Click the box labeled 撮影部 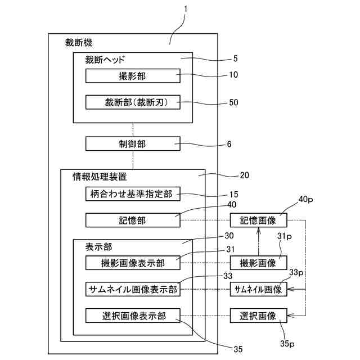tap(133, 76)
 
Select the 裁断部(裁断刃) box tap(133, 102)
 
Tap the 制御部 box tap(133, 144)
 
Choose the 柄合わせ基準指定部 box tap(133, 194)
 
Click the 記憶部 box tap(133, 220)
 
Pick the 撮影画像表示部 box tap(133, 263)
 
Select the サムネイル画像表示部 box tap(133, 289)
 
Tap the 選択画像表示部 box tap(133, 316)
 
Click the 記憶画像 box tap(259, 220)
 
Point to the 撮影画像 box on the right tap(259, 263)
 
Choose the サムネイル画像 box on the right tap(259, 289)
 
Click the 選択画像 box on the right tap(259, 316)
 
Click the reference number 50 tap(233, 102)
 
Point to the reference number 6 tap(229, 144)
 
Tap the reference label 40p tap(305, 199)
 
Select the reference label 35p tap(287, 344)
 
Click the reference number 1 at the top tap(186, 9)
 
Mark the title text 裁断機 tap(79, 43)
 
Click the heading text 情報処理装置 tap(100, 177)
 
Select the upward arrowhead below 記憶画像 tap(259, 230)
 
